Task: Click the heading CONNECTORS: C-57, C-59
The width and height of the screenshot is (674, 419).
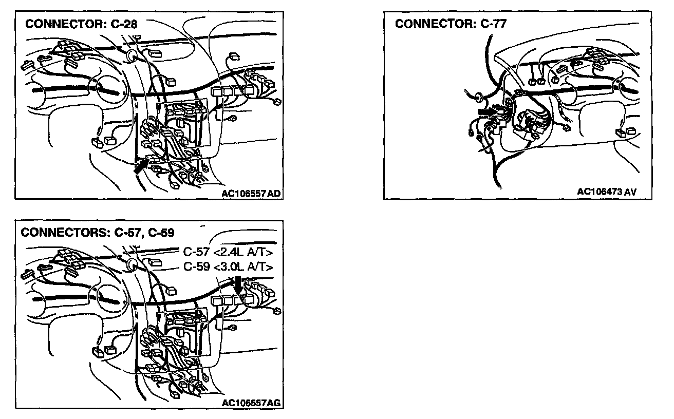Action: pos(98,232)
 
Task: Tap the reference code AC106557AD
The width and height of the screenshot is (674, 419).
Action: pos(251,194)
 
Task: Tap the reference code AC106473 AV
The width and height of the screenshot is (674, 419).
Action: pos(607,192)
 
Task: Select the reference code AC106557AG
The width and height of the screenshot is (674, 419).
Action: pos(251,403)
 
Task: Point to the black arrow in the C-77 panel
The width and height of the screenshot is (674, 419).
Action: pos(485,110)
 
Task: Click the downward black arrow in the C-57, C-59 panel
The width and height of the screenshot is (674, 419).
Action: pos(237,284)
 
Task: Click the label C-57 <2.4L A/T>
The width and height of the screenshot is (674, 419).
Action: pos(228,252)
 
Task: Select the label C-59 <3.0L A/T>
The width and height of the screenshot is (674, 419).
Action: pos(228,267)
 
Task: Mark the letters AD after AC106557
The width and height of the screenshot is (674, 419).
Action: pos(274,194)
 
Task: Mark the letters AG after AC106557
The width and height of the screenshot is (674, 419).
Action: pos(274,403)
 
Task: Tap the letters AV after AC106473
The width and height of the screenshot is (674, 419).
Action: pos(631,192)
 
